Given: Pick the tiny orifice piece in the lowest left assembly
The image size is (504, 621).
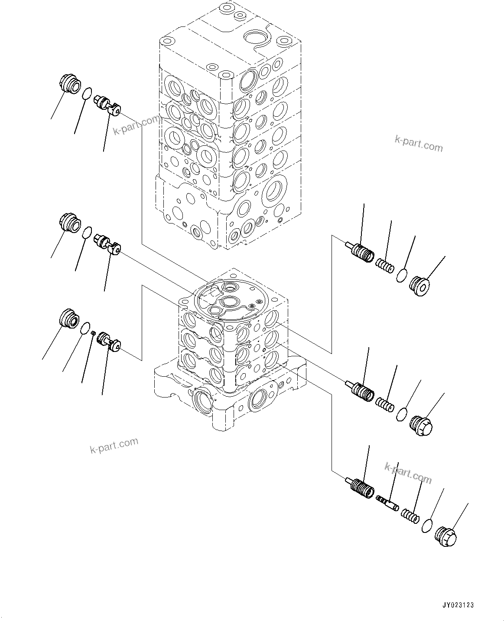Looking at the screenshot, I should pyautogui.click(x=93, y=332).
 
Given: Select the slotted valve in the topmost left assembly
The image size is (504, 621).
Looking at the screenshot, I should pyautogui.click(x=107, y=105).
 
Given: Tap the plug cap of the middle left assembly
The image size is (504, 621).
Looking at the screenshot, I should pyautogui.click(x=69, y=222).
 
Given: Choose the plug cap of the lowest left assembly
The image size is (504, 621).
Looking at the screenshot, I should pyautogui.click(x=69, y=318).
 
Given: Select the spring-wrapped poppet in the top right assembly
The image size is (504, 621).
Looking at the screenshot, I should pyautogui.click(x=361, y=252).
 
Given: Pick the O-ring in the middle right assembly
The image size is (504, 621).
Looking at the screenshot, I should pyautogui.click(x=402, y=414).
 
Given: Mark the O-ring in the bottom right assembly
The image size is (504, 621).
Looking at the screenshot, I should pyautogui.click(x=426, y=526).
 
